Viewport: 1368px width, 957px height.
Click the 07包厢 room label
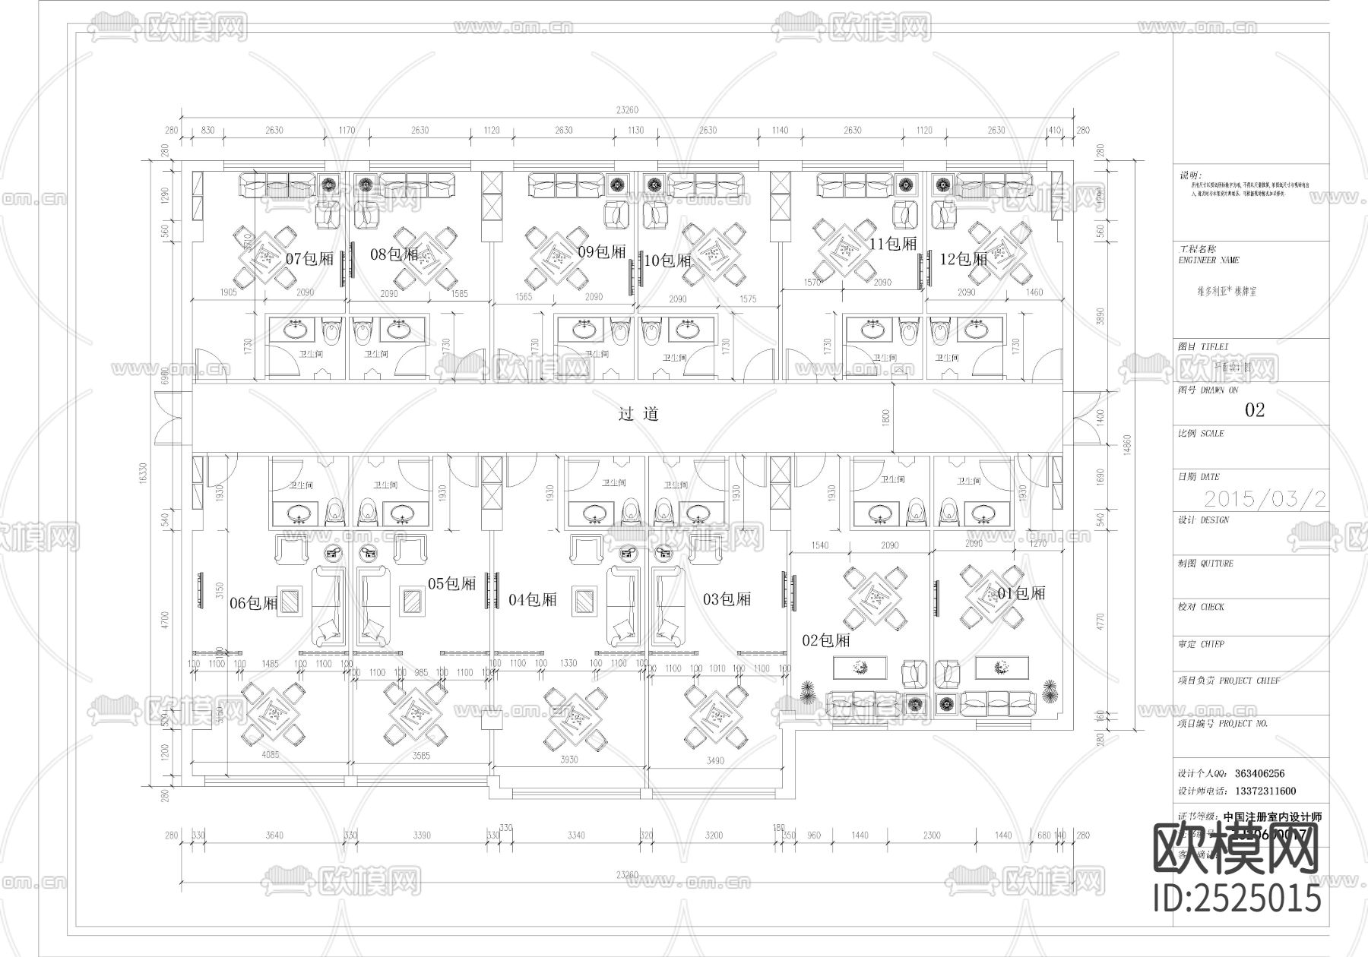[309, 258]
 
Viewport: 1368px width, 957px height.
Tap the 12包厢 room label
[963, 259]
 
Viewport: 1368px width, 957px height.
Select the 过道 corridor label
[638, 414]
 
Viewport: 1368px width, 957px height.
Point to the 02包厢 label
[826, 640]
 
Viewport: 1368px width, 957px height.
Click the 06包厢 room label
[254, 603]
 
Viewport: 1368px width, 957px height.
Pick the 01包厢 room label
[1021, 593]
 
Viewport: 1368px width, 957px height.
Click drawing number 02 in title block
[1254, 410]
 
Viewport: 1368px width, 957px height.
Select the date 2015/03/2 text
[1265, 499]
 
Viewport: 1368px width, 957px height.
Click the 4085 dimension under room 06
[270, 756]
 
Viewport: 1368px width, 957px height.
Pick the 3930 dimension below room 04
[568, 760]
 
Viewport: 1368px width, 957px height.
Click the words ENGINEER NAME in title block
[1208, 260]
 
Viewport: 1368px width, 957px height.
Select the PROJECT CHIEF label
[1249, 681]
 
